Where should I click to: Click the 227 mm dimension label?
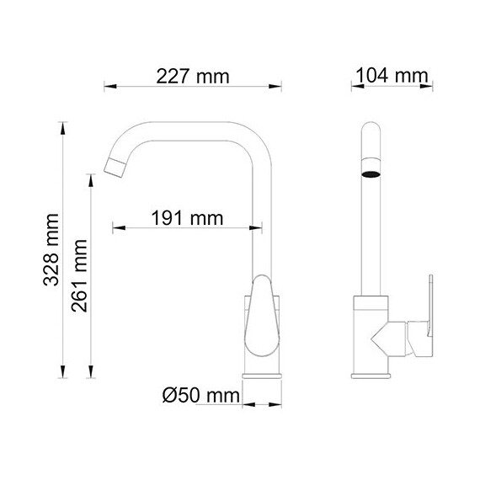click(193, 77)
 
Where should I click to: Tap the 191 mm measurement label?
click(186, 218)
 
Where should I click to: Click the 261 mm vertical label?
click(80, 275)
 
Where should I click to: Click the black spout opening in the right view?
click(371, 174)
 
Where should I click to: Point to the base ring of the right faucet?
click(371, 375)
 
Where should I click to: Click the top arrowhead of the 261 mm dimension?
click(91, 176)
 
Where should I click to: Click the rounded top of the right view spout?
click(371, 131)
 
